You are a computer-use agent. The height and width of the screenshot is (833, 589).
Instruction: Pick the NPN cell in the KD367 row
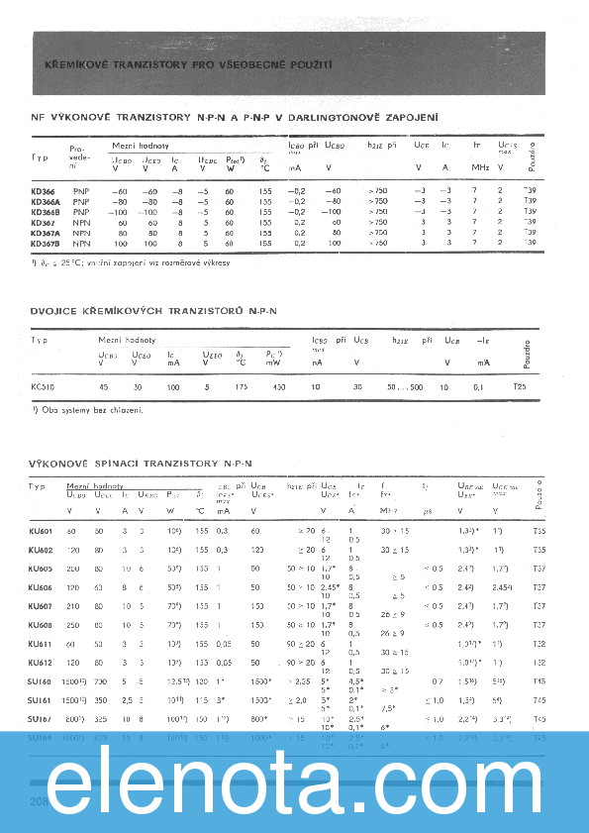click(80, 222)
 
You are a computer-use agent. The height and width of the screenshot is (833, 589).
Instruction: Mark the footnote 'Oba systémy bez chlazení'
click(88, 410)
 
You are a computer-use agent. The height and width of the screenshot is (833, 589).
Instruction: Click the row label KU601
click(42, 531)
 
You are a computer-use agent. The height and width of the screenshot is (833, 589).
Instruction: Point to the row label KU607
click(42, 605)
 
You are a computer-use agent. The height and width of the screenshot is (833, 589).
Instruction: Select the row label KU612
click(42, 661)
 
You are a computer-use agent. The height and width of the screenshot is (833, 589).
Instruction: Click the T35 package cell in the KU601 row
click(540, 531)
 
